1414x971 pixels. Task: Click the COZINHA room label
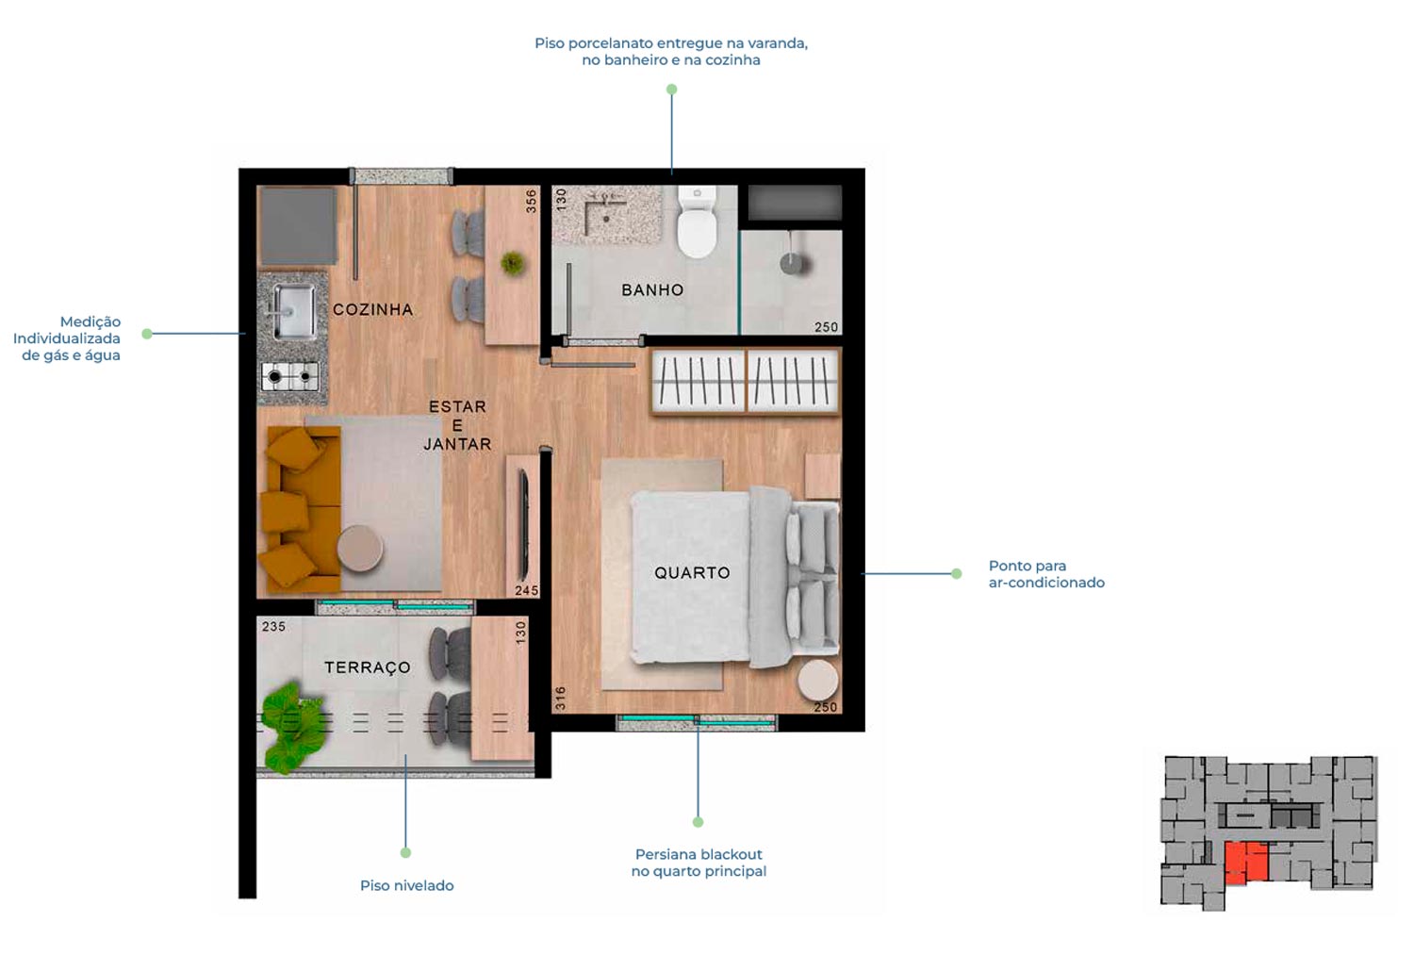pyautogui.click(x=372, y=309)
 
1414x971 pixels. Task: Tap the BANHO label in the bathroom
pyautogui.click(x=652, y=290)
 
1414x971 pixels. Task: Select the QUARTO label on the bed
pyautogui.click(x=692, y=572)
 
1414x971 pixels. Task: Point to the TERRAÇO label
pyautogui.click(x=368, y=667)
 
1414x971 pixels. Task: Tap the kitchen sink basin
pyautogui.click(x=293, y=311)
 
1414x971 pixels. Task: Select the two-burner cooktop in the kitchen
pyautogui.click(x=290, y=377)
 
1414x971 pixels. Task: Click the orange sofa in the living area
pyautogui.click(x=300, y=509)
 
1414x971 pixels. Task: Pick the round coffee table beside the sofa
pyautogui.click(x=360, y=549)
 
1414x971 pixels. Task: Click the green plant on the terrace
pyautogui.click(x=292, y=726)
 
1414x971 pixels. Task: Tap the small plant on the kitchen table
pyautogui.click(x=513, y=263)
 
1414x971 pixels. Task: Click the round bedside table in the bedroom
pyautogui.click(x=818, y=680)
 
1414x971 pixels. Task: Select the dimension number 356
pyautogui.click(x=532, y=202)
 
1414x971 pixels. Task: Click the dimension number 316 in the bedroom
pyautogui.click(x=561, y=698)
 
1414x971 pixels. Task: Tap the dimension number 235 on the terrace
pyautogui.click(x=274, y=626)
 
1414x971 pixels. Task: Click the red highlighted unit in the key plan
pyautogui.click(x=1246, y=863)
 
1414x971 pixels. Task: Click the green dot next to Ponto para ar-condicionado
pyautogui.click(x=957, y=574)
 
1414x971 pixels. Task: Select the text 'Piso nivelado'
pyautogui.click(x=407, y=885)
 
